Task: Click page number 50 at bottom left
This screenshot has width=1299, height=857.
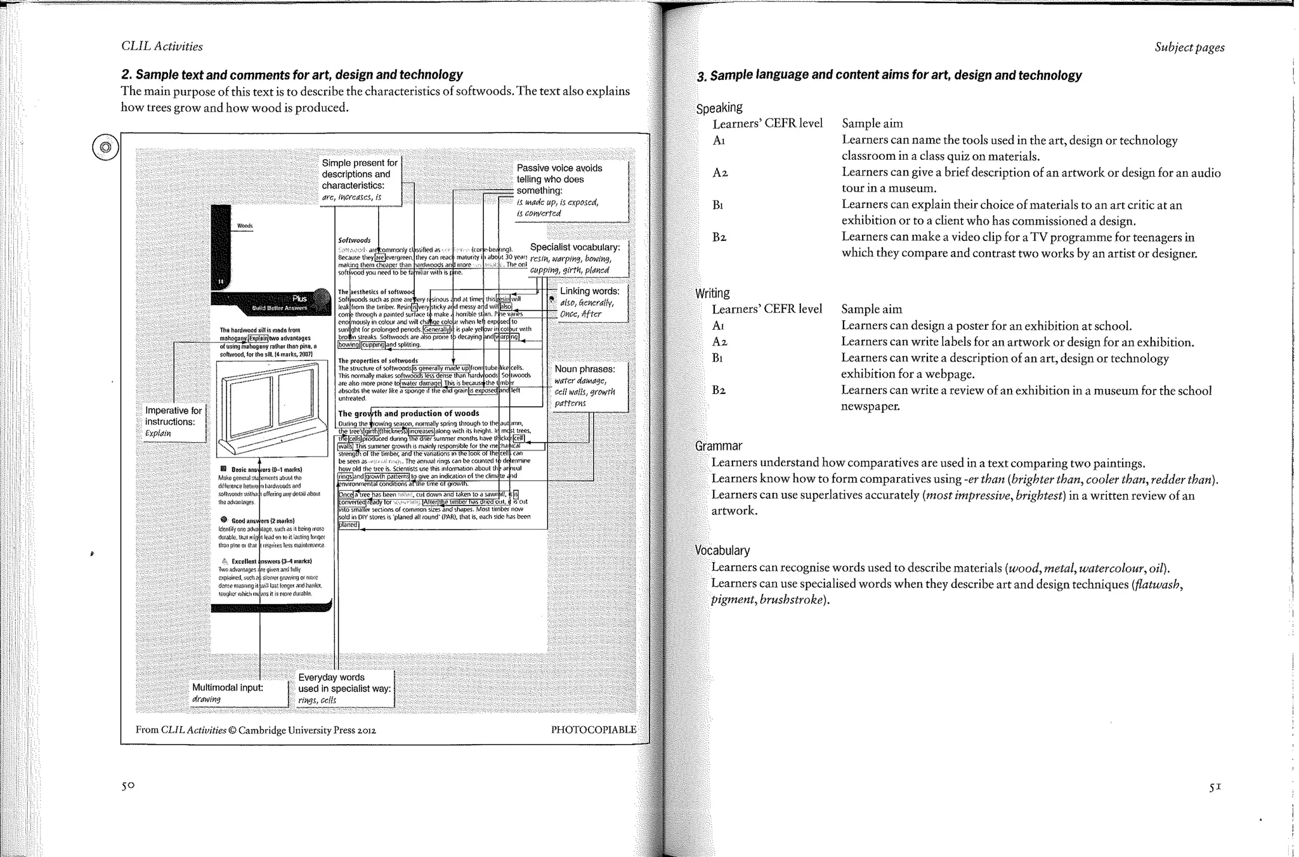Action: pos(128,785)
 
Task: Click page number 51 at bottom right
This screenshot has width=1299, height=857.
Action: pos(1215,787)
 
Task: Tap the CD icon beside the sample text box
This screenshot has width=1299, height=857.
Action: pos(105,148)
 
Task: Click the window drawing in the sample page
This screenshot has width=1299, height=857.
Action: pos(271,409)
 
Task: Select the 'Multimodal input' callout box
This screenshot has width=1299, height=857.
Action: pos(239,693)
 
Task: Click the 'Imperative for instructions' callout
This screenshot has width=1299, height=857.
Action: pos(174,422)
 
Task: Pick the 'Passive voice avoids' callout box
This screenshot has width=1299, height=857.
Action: pos(571,190)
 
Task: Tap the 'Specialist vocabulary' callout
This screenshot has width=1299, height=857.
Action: pos(575,258)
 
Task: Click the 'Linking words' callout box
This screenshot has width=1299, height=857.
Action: pos(589,303)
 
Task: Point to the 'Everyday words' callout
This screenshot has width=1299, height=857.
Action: pos(344,688)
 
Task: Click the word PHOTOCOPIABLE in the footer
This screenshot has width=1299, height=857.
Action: pos(593,729)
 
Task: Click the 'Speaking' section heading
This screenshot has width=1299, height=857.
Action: pos(719,108)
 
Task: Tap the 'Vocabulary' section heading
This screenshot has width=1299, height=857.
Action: pos(722,550)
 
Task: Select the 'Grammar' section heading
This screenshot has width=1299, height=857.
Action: pos(719,446)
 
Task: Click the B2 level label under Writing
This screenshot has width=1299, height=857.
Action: pos(719,390)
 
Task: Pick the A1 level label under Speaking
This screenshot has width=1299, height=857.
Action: pos(719,140)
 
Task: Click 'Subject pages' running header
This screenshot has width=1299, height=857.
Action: pos(1189,48)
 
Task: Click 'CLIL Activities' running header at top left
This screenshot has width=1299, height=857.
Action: pos(162,46)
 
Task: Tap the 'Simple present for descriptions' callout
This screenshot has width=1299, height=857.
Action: pos(360,180)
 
